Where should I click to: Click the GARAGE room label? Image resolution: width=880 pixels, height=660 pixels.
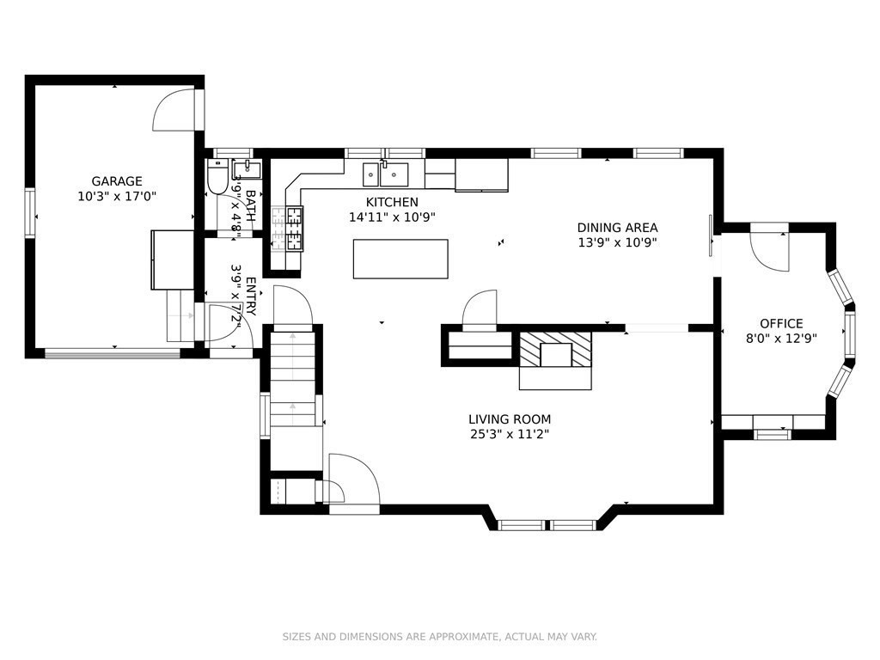click(x=117, y=181)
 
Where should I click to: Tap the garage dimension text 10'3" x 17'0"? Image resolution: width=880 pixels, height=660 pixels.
click(x=117, y=197)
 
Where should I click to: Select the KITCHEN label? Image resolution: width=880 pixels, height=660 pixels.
click(x=392, y=202)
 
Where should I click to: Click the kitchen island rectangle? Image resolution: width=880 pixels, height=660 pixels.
click(x=400, y=259)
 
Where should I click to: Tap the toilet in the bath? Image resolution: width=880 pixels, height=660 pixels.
click(x=216, y=175)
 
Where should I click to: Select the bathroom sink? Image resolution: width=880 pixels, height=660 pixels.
click(x=246, y=169)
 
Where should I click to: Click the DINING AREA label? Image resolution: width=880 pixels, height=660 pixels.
click(x=617, y=228)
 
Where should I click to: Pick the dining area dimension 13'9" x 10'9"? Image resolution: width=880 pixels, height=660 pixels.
click(x=617, y=243)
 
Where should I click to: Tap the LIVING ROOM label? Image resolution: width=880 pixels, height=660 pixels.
click(x=510, y=419)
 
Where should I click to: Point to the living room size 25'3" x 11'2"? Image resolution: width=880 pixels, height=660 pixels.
click(x=510, y=434)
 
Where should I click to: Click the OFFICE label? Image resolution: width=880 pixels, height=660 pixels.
click(x=781, y=324)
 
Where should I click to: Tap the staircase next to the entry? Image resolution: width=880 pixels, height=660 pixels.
click(x=292, y=379)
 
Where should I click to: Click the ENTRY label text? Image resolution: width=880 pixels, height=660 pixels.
click(x=251, y=296)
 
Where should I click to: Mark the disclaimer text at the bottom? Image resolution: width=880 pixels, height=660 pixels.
click(x=439, y=637)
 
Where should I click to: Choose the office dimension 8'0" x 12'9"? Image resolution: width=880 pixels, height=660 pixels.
click(x=781, y=339)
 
